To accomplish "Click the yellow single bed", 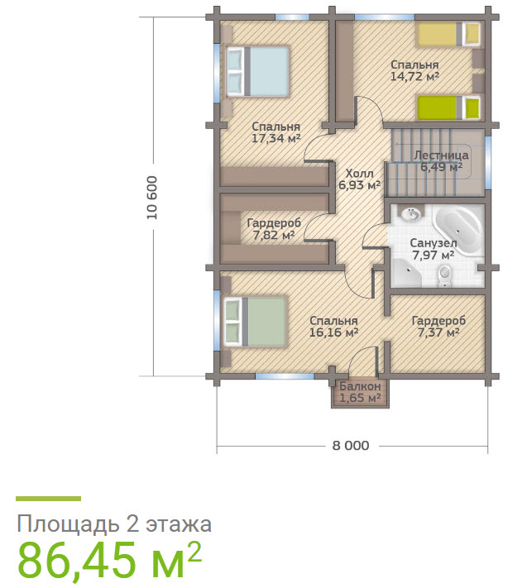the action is tap(449, 35).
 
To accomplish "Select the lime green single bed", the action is tap(449, 108).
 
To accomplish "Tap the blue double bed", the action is tap(257, 72).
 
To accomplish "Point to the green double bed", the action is tap(256, 322).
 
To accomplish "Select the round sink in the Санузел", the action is tap(411, 215).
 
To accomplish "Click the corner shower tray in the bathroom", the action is tap(406, 272).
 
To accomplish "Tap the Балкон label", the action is tap(360, 386).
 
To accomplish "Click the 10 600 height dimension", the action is tap(152, 198).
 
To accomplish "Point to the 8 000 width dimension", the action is tap(351, 446).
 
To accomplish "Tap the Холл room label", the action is tap(359, 174).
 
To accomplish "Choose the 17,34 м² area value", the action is tap(276, 138).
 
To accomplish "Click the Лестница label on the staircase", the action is tap(441, 155).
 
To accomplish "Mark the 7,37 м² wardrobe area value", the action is tap(438, 332).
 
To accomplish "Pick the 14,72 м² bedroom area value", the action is tap(414, 77).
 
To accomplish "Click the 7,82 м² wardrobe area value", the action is tap(273, 235).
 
